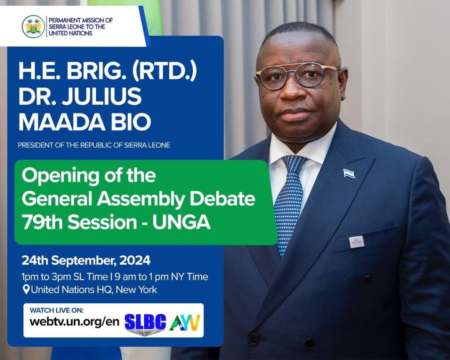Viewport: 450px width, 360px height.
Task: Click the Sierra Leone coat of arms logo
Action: tap(33, 27)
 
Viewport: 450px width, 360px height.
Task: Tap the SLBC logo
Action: tap(145, 324)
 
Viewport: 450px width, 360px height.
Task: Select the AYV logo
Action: tap(185, 322)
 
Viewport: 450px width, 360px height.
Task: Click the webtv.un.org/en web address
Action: tap(74, 322)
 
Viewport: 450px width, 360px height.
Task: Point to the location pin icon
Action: tap(26, 289)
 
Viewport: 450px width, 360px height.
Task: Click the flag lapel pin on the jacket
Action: tap(349, 173)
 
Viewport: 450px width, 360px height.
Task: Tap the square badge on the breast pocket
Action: tap(357, 242)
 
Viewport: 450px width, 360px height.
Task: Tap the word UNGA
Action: tap(181, 222)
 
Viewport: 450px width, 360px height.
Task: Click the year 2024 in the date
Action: tap(135, 260)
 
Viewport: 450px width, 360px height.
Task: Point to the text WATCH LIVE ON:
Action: tap(57, 310)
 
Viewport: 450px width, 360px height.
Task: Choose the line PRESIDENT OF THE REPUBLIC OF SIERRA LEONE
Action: tap(94, 145)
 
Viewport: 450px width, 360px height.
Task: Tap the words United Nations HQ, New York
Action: tap(94, 290)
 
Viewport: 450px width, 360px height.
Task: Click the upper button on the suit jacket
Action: tap(367, 280)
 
